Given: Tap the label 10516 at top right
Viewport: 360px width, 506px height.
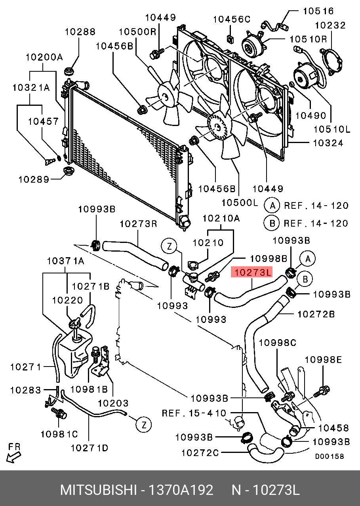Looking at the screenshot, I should pyautogui.click(x=318, y=11).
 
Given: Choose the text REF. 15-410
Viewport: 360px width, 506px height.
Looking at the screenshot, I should pyautogui.click(x=194, y=413).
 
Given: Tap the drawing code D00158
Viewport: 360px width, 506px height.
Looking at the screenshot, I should pyautogui.click(x=330, y=456).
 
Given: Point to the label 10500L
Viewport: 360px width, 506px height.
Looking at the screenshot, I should pyautogui.click(x=240, y=203).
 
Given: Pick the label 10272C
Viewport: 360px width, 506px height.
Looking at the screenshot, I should pyautogui.click(x=200, y=452).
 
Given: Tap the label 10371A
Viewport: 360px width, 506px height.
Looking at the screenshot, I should pyautogui.click(x=66, y=261).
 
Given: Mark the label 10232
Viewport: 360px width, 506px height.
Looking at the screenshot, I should pyautogui.click(x=331, y=25).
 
